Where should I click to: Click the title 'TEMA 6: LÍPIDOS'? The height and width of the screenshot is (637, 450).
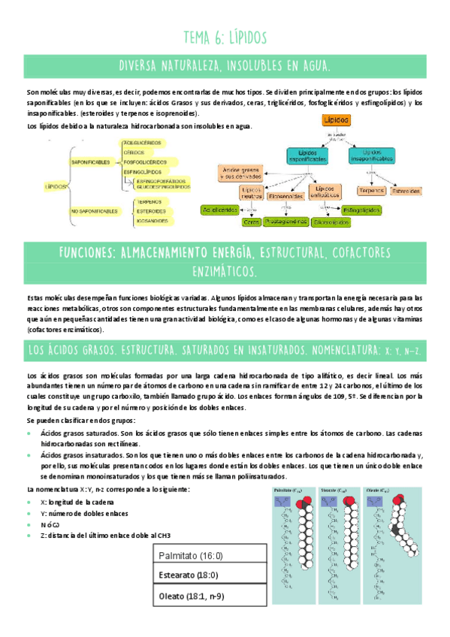click(x=225, y=37)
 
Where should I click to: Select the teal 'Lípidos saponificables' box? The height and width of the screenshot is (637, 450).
click(x=307, y=155)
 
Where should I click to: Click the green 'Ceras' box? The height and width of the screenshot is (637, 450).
click(x=252, y=222)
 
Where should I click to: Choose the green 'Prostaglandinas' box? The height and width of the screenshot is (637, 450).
click(x=285, y=222)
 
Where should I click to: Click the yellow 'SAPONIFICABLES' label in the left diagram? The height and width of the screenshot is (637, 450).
click(x=91, y=162)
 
